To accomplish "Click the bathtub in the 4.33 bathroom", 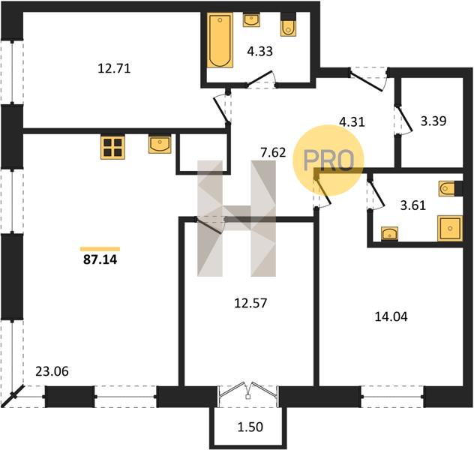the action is (220, 40).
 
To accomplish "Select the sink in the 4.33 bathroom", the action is (251, 20).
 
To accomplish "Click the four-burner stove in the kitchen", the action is (112, 148).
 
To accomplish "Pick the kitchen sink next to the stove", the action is (160, 144).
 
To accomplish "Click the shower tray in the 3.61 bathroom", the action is (450, 228).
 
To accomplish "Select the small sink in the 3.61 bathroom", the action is (390, 233).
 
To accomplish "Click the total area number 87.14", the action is (100, 259).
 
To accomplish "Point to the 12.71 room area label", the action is (114, 68).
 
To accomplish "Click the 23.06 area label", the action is (52, 371).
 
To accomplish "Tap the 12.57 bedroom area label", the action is (250, 303).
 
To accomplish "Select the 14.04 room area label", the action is (391, 316).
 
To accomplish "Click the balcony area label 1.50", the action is (250, 427).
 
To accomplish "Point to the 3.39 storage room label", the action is (433, 121).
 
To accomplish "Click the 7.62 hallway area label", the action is (273, 152).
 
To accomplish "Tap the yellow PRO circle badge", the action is (328, 160).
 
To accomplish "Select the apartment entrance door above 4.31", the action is (368, 79).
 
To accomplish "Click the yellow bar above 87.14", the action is (100, 249).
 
